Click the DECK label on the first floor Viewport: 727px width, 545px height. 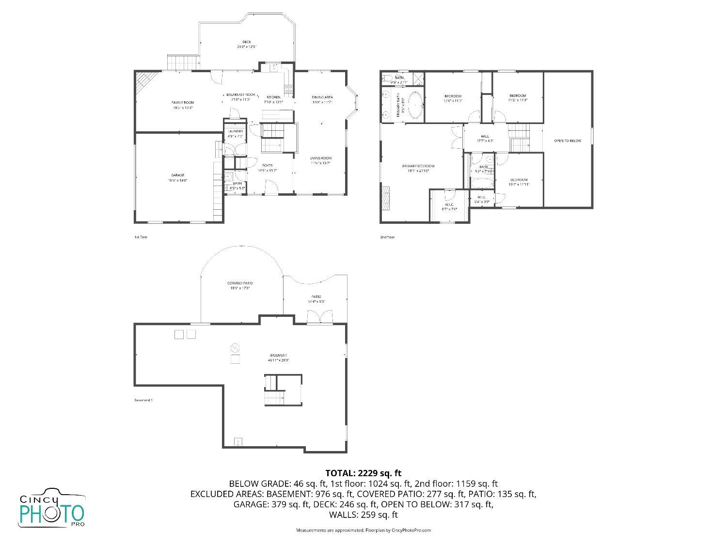[247, 42]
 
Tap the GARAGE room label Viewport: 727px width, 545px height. [177, 175]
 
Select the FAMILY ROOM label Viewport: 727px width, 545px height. [183, 103]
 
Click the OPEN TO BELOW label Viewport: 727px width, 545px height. [568, 141]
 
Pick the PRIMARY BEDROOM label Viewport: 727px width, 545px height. [418, 166]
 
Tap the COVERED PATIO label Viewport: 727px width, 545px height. [240, 283]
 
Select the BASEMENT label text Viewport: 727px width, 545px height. [278, 356]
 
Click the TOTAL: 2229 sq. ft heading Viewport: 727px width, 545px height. [363, 473]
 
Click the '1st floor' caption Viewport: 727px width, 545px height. [141, 237]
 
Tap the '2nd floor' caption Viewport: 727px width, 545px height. [387, 237]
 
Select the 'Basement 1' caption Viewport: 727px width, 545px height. [143, 400]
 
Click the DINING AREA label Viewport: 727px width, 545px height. [322, 97]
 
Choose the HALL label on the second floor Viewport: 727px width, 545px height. [485, 136]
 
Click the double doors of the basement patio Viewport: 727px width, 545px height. [320, 317]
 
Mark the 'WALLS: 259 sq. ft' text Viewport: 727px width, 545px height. [363, 514]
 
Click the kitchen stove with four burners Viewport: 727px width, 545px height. [288, 89]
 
